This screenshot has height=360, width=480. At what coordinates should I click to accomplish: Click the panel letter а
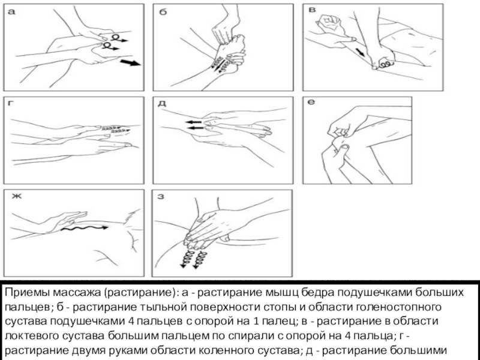[11, 12]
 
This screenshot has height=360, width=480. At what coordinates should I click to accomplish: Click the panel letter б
[163, 12]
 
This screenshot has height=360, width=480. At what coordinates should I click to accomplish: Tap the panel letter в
[312, 10]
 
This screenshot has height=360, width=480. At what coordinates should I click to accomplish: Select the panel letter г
[10, 103]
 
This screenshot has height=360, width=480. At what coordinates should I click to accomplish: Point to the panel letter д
[162, 103]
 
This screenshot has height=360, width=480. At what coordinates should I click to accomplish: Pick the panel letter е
[311, 102]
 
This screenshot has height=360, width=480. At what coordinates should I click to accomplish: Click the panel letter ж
[17, 196]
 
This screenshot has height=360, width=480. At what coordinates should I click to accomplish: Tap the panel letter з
[161, 196]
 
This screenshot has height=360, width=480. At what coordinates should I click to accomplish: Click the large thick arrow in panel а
[130, 63]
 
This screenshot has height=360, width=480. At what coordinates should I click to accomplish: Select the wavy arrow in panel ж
[84, 228]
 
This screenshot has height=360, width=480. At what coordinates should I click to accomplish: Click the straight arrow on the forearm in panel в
[361, 52]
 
